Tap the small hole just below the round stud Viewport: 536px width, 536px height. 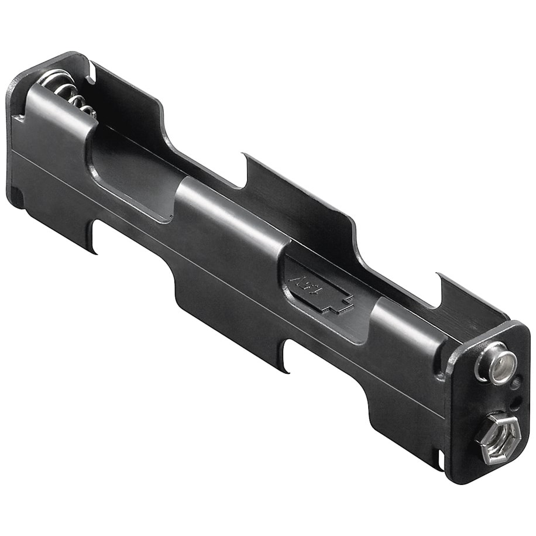514,385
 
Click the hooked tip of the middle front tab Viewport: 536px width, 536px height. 284,369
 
